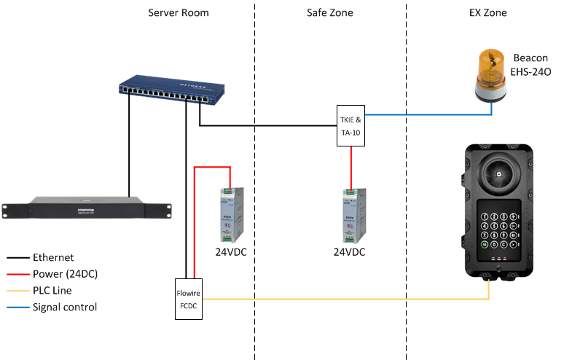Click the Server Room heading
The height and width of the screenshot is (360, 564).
tap(179, 13)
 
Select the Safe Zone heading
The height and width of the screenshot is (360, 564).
tap(331, 13)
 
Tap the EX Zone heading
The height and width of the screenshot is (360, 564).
tap(489, 13)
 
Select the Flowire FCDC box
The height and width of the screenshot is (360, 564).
tap(189, 301)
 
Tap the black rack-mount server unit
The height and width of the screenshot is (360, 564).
tap(87, 208)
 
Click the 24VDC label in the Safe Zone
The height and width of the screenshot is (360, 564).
tap(349, 252)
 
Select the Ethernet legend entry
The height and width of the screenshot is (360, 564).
tap(52, 257)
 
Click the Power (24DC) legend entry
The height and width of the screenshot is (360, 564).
tap(65, 274)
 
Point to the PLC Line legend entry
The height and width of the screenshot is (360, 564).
tap(52, 291)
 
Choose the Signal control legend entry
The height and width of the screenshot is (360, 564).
tap(64, 307)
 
